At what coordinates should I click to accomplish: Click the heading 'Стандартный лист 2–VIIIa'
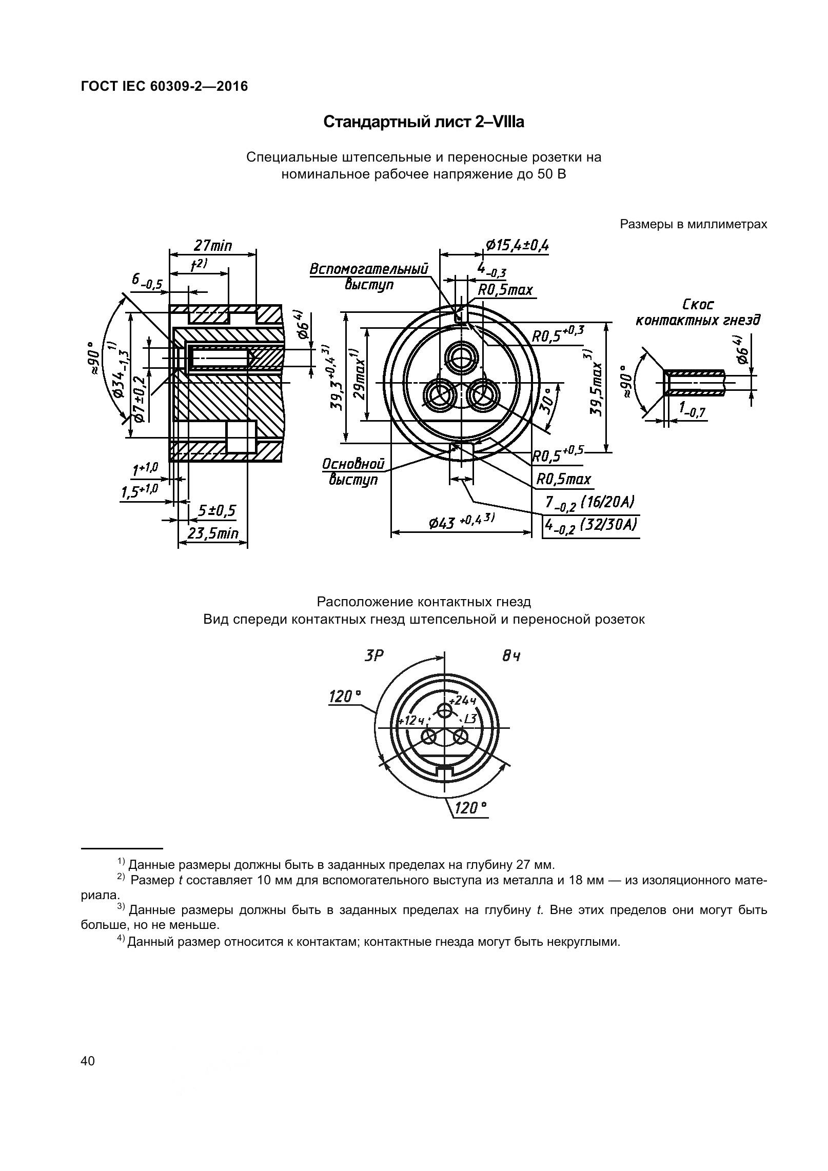[424, 123]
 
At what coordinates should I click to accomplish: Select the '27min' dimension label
[212, 246]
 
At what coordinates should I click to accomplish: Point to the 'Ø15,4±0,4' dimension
[516, 246]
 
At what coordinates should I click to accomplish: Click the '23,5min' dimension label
[212, 534]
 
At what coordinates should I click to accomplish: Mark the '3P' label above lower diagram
[373, 656]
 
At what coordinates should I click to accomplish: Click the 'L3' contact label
[469, 719]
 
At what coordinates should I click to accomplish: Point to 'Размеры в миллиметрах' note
[693, 224]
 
